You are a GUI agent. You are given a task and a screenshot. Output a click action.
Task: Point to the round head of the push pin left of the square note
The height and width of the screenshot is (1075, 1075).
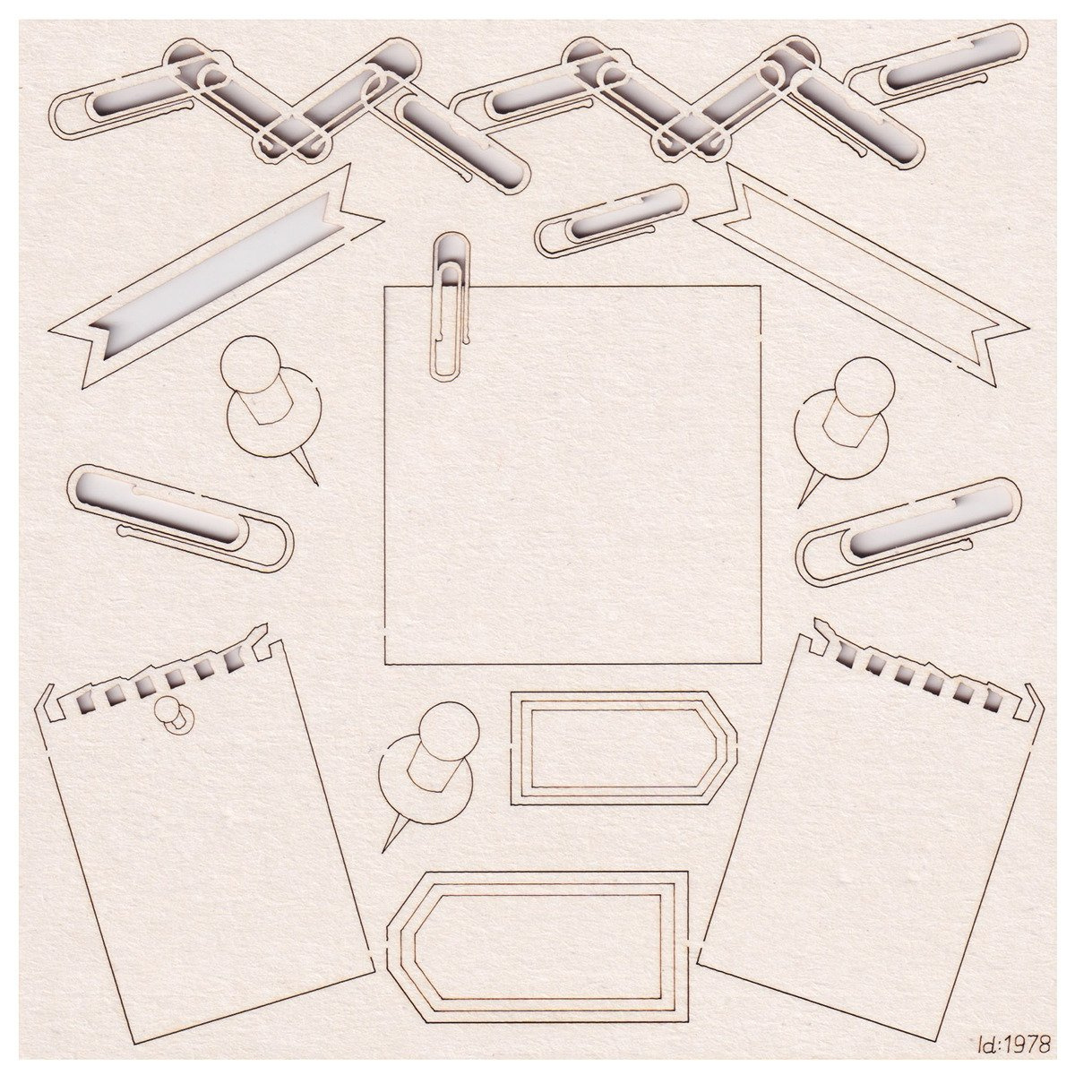(249, 363)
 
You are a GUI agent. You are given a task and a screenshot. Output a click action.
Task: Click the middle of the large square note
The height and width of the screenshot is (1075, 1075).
(573, 475)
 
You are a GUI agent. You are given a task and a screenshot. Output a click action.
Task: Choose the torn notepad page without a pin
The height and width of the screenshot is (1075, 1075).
(870, 848)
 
